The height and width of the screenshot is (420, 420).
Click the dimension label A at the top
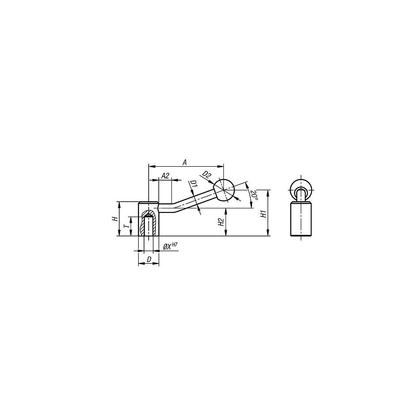point(184,162)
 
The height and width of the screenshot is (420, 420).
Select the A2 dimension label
point(165,176)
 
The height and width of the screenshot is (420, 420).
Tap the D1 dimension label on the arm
point(194,184)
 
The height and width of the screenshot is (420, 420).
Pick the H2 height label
point(221,222)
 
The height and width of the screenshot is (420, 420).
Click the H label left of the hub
point(115,219)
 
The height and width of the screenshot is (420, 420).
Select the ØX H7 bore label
point(171,246)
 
